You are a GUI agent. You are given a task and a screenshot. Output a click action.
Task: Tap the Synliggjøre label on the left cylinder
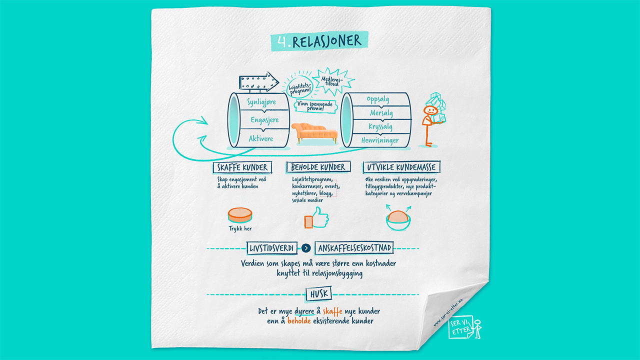tap(261, 102)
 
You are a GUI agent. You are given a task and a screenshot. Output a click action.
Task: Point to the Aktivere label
tap(261, 138)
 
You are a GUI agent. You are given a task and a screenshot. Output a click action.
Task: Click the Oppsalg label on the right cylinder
tap(377, 99)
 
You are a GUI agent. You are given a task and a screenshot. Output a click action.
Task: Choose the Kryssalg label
tap(380, 126)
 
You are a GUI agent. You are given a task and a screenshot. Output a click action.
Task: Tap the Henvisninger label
tap(380, 140)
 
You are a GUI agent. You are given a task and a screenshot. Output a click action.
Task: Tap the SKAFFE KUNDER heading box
tap(242, 167)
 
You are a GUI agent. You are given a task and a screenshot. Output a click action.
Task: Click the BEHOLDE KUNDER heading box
tap(318, 167)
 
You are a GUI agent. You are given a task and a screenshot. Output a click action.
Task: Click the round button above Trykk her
tap(240, 215)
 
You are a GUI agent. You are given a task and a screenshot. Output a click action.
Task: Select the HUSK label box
tap(318, 294)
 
